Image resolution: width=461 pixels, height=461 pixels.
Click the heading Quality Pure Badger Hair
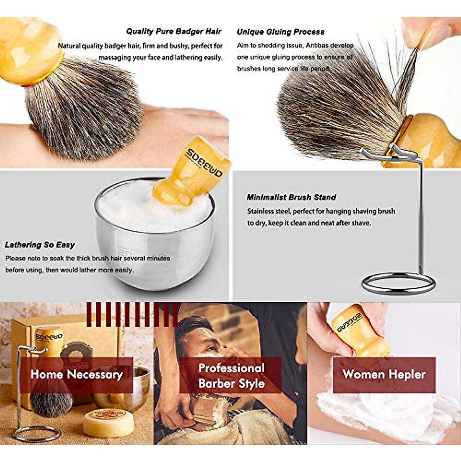click(x=174, y=32)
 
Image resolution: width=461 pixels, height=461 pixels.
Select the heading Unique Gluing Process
click(x=280, y=32)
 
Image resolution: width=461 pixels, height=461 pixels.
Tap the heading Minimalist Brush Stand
click(x=291, y=197)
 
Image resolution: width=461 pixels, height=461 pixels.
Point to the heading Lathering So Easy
click(x=40, y=245)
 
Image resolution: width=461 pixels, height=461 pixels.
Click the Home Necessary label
click(x=76, y=375)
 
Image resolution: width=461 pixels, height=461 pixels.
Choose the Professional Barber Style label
click(x=231, y=375)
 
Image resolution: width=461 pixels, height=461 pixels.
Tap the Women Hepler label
click(x=384, y=375)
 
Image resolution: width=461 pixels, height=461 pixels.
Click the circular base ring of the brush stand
click(x=398, y=285)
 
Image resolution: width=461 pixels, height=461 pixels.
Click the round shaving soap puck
click(x=109, y=423)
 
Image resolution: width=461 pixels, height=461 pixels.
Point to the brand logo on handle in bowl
click(x=204, y=163)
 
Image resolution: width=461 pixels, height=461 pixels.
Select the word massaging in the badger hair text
click(x=114, y=57)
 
